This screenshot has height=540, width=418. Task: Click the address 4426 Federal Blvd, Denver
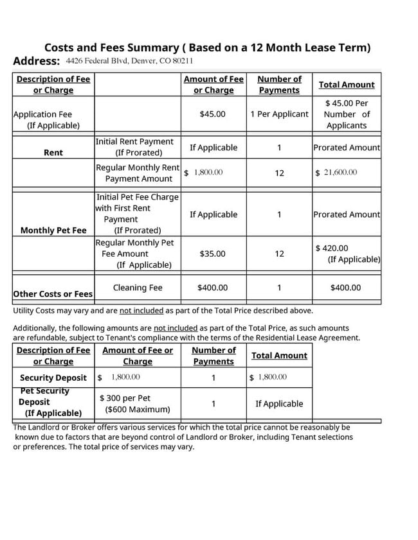pyautogui.click(x=129, y=61)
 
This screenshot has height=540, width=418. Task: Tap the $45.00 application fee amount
pyautogui.click(x=212, y=114)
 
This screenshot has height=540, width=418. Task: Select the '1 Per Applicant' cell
pyautogui.click(x=279, y=114)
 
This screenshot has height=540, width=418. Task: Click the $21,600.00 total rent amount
pyautogui.click(x=336, y=172)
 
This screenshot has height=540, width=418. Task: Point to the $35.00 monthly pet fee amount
pyautogui.click(x=212, y=254)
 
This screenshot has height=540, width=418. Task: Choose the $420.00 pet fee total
pyautogui.click(x=332, y=248)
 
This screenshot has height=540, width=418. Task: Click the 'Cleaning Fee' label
pyautogui.click(x=138, y=288)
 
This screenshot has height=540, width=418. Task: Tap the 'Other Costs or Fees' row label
pyautogui.click(x=53, y=294)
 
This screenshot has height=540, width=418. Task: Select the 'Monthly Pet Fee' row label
pyautogui.click(x=53, y=230)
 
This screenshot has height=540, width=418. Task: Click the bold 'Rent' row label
pyautogui.click(x=53, y=153)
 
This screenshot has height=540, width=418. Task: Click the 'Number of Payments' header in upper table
pyautogui.click(x=279, y=85)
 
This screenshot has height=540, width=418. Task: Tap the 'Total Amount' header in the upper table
pyautogui.click(x=346, y=85)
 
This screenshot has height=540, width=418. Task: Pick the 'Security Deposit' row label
pyautogui.click(x=53, y=378)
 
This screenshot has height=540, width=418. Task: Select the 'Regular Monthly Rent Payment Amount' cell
pyautogui.click(x=138, y=173)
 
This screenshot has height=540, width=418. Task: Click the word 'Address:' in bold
pyautogui.click(x=37, y=62)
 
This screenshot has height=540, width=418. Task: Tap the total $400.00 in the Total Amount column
pyautogui.click(x=345, y=288)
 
